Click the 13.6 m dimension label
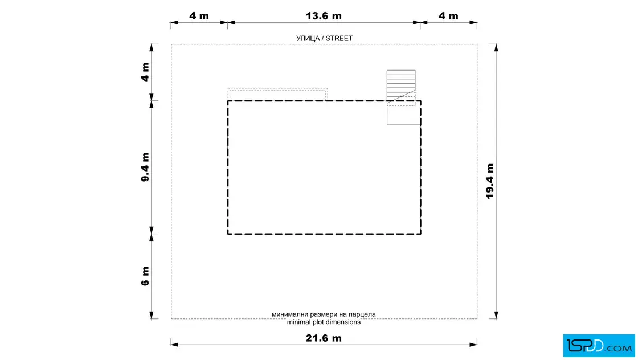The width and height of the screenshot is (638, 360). coord(324,16)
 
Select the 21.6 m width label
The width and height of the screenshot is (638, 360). coord(324,338)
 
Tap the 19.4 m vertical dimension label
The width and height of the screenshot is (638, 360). coord(490,181)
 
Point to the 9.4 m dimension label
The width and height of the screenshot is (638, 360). coord(145,167)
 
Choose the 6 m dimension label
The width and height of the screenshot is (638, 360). coord(145,276)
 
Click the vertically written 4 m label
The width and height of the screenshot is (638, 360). coord(145,72)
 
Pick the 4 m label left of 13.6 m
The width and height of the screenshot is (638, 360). coord(199,16)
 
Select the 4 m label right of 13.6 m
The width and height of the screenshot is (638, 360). coord(448,16)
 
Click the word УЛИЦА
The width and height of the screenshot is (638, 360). coord(308,38)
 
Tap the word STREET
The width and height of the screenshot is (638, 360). coord(339,38)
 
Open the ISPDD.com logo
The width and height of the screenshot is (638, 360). coord(599,346)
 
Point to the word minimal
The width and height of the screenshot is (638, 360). coord(298,322)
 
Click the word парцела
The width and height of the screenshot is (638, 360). coord(362,314)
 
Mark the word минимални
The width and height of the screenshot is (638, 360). coord(290,314)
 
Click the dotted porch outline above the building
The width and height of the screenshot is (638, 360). coord(277,89)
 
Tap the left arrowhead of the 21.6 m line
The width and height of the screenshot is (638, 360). coord(174,345)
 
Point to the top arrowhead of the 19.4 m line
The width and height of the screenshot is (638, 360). coord(496,48)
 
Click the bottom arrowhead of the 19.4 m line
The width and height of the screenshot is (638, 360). coord(496,315)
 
